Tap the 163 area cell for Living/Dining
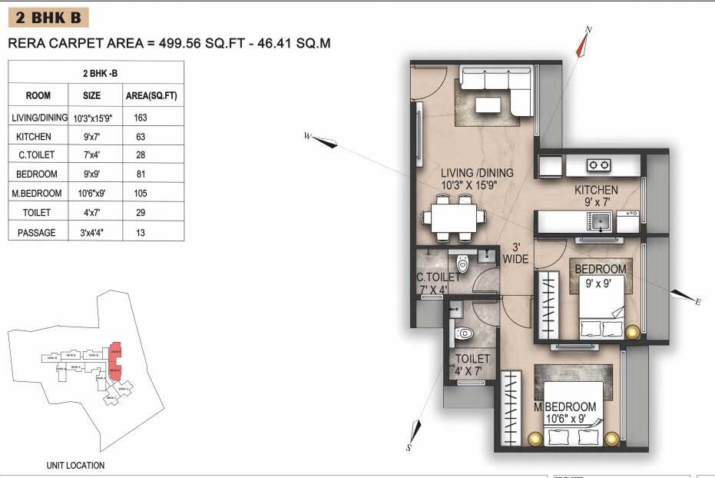[x=139, y=118]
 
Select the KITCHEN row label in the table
[x=34, y=137]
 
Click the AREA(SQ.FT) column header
[x=151, y=96]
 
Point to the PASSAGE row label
[x=36, y=232]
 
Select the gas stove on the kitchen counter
[x=599, y=165]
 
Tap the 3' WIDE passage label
[x=515, y=254]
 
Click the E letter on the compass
[x=698, y=302]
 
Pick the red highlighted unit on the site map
[x=117, y=361]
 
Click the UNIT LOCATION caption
[x=75, y=465]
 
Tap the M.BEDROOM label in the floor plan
[x=567, y=407]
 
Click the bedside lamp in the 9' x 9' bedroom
[x=633, y=332]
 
